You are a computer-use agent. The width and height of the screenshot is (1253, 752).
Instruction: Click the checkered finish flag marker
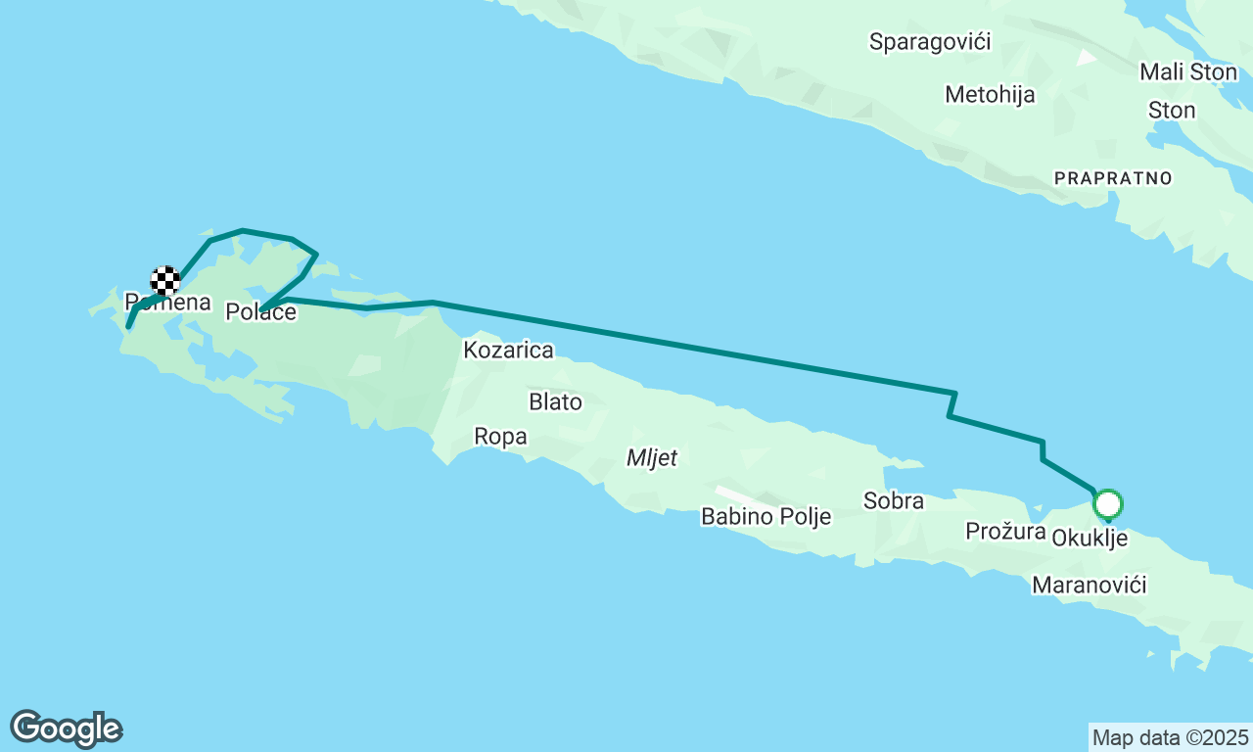point(165,281)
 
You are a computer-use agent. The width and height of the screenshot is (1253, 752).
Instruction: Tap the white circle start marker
point(1107,505)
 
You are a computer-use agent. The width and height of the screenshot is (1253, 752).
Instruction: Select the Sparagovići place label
point(930,42)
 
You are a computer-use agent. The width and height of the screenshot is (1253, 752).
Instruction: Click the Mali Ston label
point(1188,72)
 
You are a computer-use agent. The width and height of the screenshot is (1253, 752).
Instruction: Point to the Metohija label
point(990,95)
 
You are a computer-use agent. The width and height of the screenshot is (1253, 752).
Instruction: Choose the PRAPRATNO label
point(1112,178)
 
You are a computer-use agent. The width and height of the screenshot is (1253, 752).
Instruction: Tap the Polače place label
point(260,312)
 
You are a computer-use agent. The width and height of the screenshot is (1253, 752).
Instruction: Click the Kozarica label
point(509,351)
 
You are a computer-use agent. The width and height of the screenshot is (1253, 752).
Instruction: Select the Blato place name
point(555,402)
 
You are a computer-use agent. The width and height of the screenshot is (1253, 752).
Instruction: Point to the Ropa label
point(500,437)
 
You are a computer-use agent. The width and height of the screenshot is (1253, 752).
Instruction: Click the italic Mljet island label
point(652,458)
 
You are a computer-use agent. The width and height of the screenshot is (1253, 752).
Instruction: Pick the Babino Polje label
point(766,517)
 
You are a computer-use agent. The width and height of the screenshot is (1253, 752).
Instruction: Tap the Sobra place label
point(893,501)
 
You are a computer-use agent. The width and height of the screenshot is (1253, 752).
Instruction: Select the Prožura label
point(1005,532)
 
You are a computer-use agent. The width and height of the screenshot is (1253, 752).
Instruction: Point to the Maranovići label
point(1089,586)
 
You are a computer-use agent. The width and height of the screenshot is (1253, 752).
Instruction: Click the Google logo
point(66,728)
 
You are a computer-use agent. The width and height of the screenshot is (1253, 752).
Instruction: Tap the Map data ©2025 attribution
point(1170,737)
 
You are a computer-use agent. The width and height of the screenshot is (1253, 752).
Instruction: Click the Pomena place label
point(168,303)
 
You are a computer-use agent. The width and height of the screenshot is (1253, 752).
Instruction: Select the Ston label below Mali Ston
point(1171,111)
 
